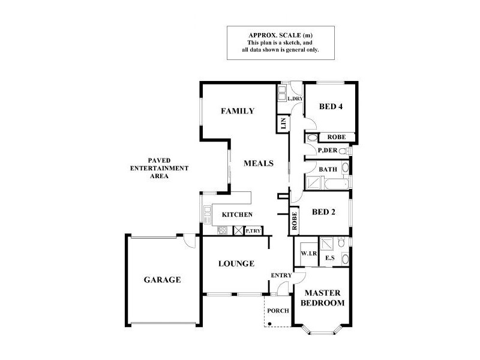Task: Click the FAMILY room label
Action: (238, 111)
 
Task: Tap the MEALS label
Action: (259, 163)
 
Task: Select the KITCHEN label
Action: (237, 215)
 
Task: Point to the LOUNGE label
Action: (236, 263)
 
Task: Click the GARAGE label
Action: (162, 280)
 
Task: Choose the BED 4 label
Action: (331, 107)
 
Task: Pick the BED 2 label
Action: (325, 212)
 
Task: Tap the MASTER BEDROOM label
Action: (324, 298)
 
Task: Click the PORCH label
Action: (278, 310)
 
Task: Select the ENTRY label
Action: (281, 275)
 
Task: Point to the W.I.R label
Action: (308, 254)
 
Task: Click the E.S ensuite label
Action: (329, 259)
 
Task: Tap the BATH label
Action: (328, 170)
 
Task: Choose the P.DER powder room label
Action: (328, 150)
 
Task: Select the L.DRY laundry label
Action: (295, 98)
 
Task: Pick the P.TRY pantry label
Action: (253, 230)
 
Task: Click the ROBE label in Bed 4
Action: (337, 137)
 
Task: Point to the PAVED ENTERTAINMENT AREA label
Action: (160, 169)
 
